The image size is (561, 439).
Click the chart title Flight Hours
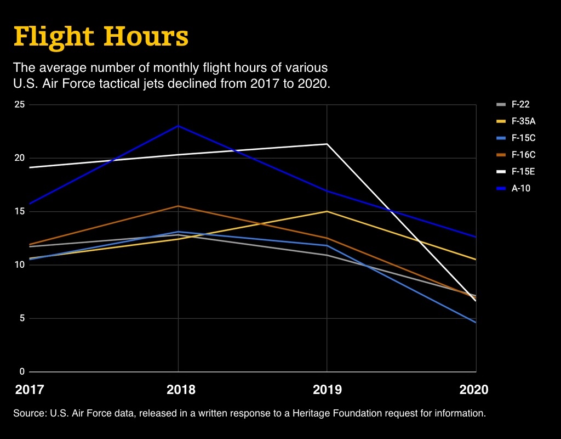point(101,36)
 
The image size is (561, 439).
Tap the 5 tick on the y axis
point(22,318)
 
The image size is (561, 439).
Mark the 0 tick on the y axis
point(22,372)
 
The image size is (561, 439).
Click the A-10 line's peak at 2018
point(178,126)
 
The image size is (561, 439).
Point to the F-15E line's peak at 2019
point(327,144)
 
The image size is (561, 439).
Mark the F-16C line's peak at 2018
point(178,206)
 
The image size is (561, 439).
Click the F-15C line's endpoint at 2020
point(476,323)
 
